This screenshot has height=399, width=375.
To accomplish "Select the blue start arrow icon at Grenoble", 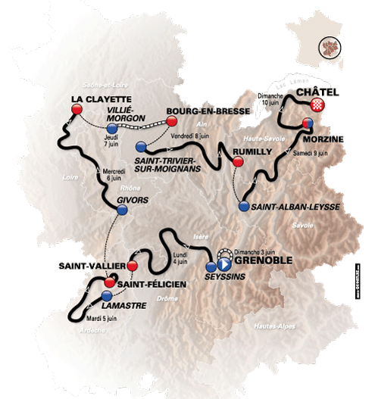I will pos(224,264).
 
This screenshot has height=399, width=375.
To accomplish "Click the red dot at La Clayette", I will pos(76,110).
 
